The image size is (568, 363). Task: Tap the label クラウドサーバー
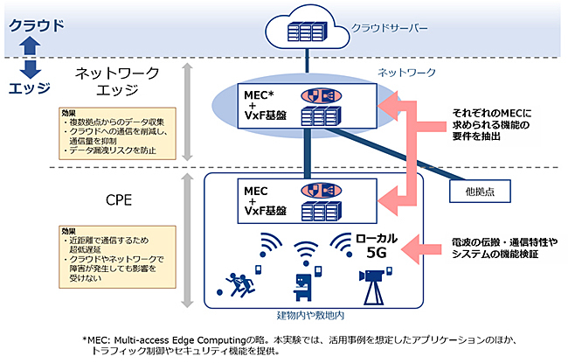pyautogui.click(x=390, y=28)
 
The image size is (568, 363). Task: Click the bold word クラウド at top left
pyautogui.click(x=36, y=24)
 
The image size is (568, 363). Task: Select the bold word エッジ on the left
pyautogui.click(x=30, y=87)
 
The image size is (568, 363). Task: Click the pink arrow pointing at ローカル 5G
pyautogui.click(x=424, y=248)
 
